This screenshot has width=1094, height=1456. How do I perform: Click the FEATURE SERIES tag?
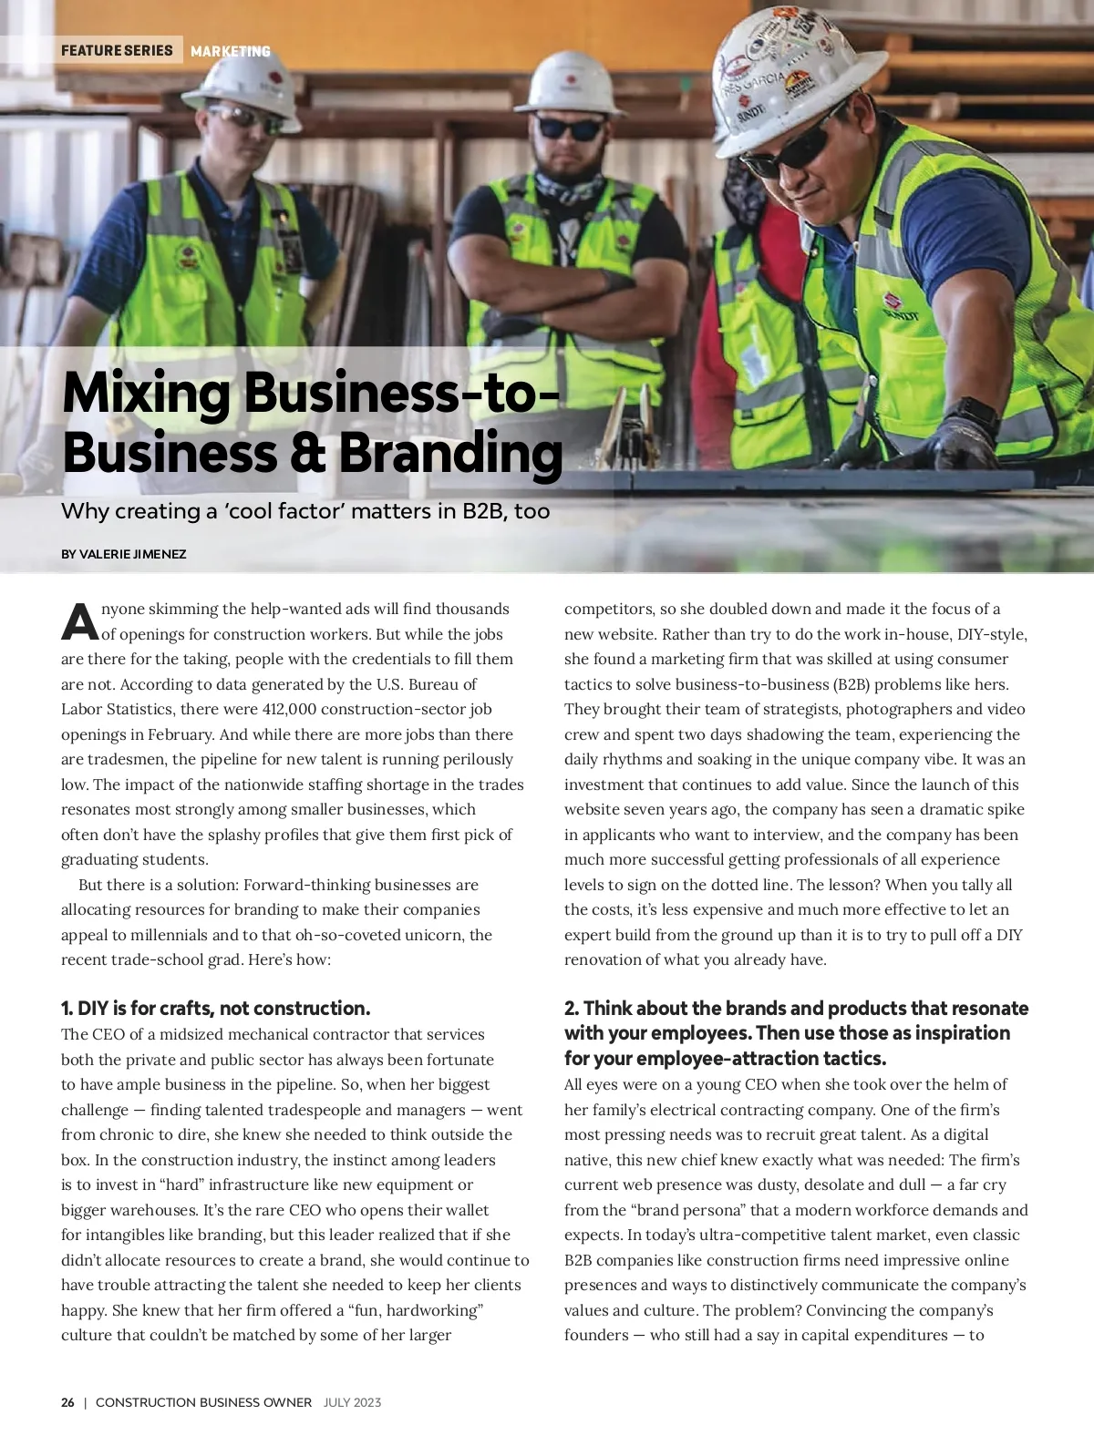click(x=117, y=50)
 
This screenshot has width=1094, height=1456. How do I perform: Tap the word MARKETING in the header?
click(x=231, y=51)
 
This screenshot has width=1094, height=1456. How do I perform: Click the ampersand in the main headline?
click(x=307, y=453)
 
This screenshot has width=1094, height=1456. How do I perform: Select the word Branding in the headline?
click(x=451, y=453)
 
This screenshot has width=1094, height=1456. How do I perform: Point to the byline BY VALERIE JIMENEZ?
click(x=124, y=554)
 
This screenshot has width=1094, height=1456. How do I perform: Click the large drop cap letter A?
click(x=79, y=622)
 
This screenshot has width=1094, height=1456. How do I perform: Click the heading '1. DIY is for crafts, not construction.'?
click(x=216, y=1008)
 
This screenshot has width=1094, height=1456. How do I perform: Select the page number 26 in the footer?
click(x=67, y=1402)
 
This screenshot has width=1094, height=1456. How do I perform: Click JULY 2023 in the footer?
click(x=352, y=1402)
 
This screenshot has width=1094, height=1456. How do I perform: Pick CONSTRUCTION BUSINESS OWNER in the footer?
click(x=203, y=1402)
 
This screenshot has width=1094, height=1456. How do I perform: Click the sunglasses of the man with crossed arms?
click(x=569, y=128)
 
